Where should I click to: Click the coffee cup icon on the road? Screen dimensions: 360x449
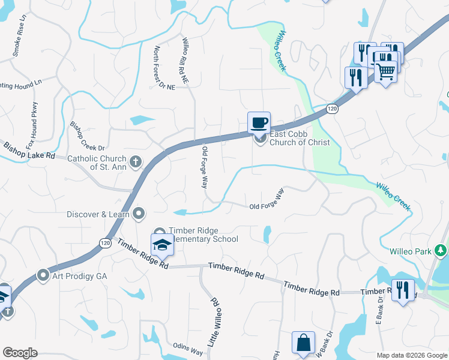pos(259,122)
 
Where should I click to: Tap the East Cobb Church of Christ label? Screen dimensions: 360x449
pos(300,138)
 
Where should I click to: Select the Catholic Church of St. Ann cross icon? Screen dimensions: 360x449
pos(136,161)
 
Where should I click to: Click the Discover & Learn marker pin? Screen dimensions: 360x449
pos(139,213)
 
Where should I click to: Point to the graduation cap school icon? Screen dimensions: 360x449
pos(161,245)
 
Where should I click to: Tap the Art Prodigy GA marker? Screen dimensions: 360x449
pos(43,275)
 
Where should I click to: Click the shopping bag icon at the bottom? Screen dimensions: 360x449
pos(303,343)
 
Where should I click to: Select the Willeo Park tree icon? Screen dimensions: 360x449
pos(441,250)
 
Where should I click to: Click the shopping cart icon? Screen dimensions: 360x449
pos(386,71)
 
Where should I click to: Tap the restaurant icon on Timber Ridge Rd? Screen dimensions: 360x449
pos(403,290)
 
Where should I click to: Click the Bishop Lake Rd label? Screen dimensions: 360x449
pos(29,150)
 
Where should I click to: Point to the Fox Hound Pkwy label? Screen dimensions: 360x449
pos(31,125)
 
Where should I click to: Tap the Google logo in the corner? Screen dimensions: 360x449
pos(20,353)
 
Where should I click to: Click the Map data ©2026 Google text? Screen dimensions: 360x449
pos(411,355)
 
